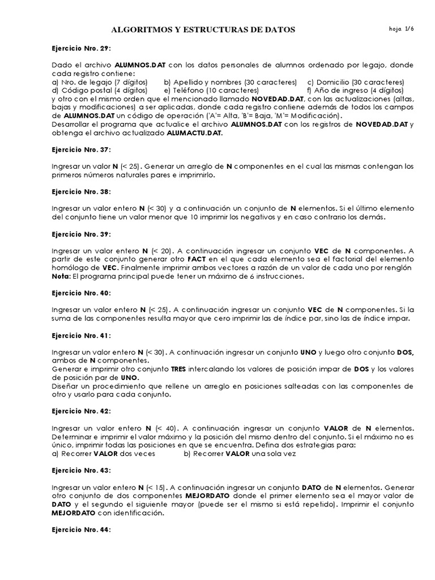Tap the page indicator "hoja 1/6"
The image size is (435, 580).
pyautogui.click(x=403, y=29)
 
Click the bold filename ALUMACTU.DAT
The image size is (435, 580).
pyautogui.click(x=195, y=133)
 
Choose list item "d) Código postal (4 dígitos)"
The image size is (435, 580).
pyautogui.click(x=99, y=90)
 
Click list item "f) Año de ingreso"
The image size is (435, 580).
pyautogui.click(x=355, y=90)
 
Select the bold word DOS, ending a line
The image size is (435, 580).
pyautogui.click(x=406, y=352)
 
